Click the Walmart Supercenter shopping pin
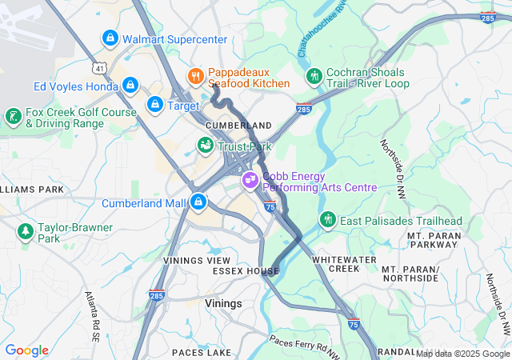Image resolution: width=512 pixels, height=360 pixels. (x=110, y=38)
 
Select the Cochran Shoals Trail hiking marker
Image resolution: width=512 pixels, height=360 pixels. (x=314, y=77)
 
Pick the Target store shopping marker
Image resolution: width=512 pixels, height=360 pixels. (x=155, y=105)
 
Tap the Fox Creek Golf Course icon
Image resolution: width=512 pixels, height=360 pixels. (x=13, y=118)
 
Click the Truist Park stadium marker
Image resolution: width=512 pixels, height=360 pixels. (x=206, y=146)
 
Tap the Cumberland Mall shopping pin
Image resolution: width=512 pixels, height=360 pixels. (x=198, y=202)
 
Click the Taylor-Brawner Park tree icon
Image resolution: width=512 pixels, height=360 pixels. (x=26, y=232)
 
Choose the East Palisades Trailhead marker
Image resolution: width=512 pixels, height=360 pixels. (x=327, y=220)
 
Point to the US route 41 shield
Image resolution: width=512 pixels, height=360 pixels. (x=97, y=70)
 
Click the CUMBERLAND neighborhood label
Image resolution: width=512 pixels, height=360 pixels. (x=238, y=126)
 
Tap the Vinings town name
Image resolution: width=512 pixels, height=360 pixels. (x=223, y=304)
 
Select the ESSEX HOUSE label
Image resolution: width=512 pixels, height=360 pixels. (x=246, y=271)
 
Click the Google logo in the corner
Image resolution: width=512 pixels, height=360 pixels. (x=27, y=350)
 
